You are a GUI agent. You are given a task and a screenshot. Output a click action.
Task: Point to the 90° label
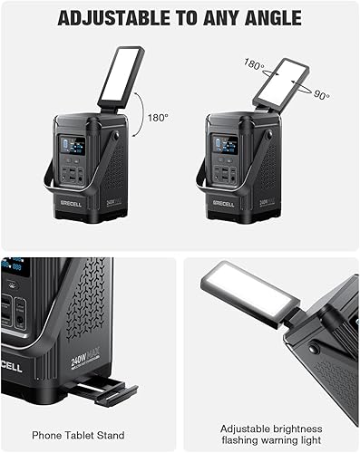coord(320,94)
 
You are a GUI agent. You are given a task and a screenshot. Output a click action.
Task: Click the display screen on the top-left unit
coord(73,146)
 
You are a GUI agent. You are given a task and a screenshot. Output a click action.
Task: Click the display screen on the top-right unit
coord(224,145)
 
